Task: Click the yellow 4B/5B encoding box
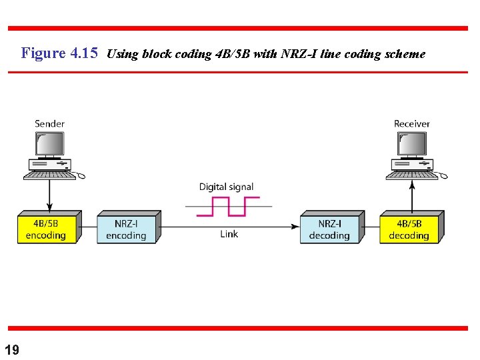pyautogui.click(x=46, y=229)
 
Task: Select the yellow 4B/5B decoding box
pyautogui.click(x=409, y=229)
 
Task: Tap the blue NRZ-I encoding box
pyautogui.click(x=126, y=229)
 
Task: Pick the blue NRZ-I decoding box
pyautogui.click(x=329, y=229)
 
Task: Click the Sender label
pyautogui.click(x=50, y=123)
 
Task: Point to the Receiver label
pyautogui.click(x=412, y=123)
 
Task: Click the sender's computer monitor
pyautogui.click(x=49, y=143)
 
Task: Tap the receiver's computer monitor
pyautogui.click(x=411, y=143)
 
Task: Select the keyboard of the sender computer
pyautogui.click(x=49, y=175)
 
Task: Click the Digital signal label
pyautogui.click(x=226, y=187)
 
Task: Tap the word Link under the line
pyautogui.click(x=229, y=234)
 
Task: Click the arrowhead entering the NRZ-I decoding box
pyautogui.click(x=295, y=227)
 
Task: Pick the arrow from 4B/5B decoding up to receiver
pyautogui.click(x=412, y=196)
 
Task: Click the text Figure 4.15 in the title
pyautogui.click(x=59, y=53)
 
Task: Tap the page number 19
pyautogui.click(x=12, y=350)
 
